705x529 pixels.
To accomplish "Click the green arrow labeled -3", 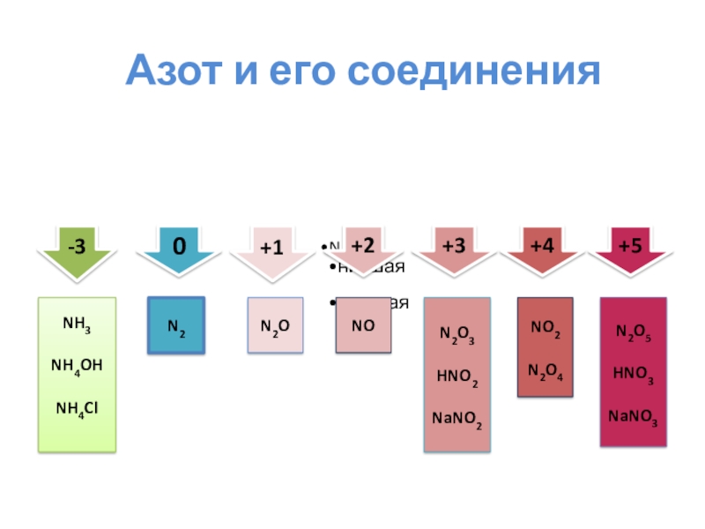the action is [78, 250].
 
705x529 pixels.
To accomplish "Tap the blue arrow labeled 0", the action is [179, 249].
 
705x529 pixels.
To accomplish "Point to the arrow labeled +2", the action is [362, 247].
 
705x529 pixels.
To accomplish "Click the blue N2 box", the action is [176, 326].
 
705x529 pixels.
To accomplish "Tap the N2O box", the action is [275, 326].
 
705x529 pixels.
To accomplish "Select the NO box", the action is [363, 325].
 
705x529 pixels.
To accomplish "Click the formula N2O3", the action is [457, 336].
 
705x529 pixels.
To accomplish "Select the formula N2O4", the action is [545, 371].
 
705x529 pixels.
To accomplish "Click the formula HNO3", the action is [634, 374].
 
